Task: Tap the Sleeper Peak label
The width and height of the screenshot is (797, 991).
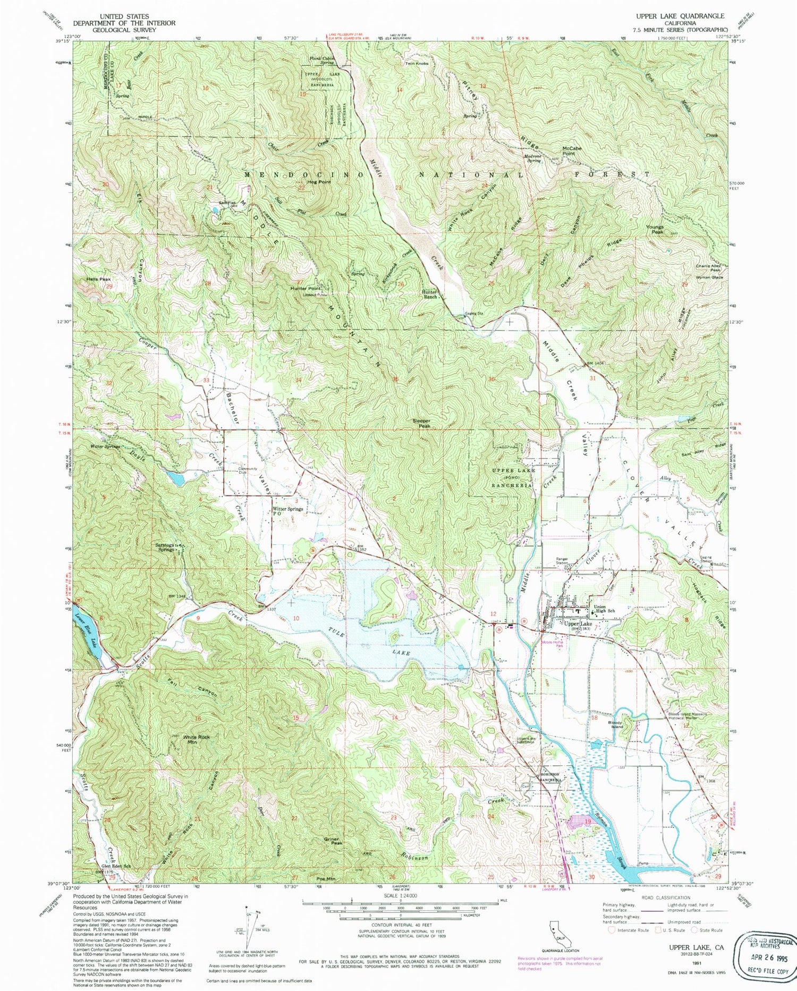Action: pos(421,423)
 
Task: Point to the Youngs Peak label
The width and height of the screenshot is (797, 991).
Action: pos(655,229)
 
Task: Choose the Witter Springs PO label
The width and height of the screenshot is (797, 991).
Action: pos(287,511)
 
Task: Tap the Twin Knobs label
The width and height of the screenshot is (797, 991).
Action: pos(417,63)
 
